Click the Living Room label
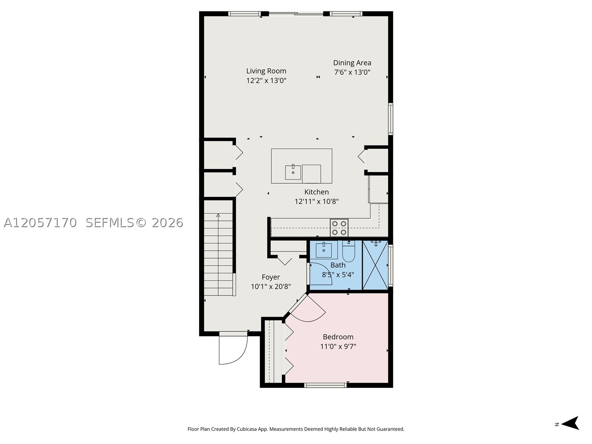point(266,71)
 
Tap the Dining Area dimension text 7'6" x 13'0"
point(352,72)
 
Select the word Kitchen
point(316,192)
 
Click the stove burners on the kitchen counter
point(339,228)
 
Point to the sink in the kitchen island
point(293,172)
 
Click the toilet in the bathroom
point(349,251)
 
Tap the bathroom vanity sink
point(324,250)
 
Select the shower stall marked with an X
point(375,265)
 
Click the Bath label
point(338,265)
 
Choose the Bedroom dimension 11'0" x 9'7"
point(338,346)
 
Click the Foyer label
point(271,277)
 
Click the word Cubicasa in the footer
point(246,429)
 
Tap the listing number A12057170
point(40,223)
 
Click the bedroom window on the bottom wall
point(325,385)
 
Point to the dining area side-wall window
point(390,119)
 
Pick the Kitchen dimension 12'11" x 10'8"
point(316,201)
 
